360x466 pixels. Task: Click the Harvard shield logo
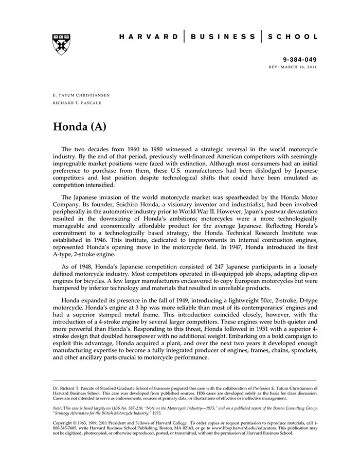click(61, 44)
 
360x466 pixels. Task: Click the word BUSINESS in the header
click(223, 37)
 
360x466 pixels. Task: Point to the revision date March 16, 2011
click(299, 67)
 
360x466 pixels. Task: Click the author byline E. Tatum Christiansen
click(81, 96)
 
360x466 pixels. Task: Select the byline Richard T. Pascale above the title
click(77, 103)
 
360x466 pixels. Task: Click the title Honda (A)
click(79, 127)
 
